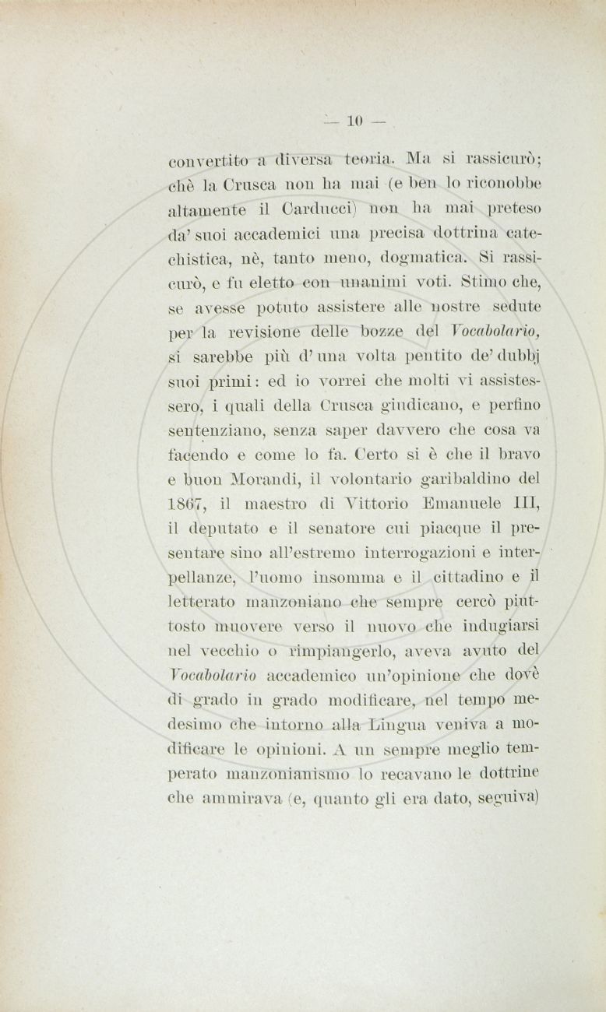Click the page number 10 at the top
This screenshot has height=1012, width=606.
pyautogui.click(x=355, y=121)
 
